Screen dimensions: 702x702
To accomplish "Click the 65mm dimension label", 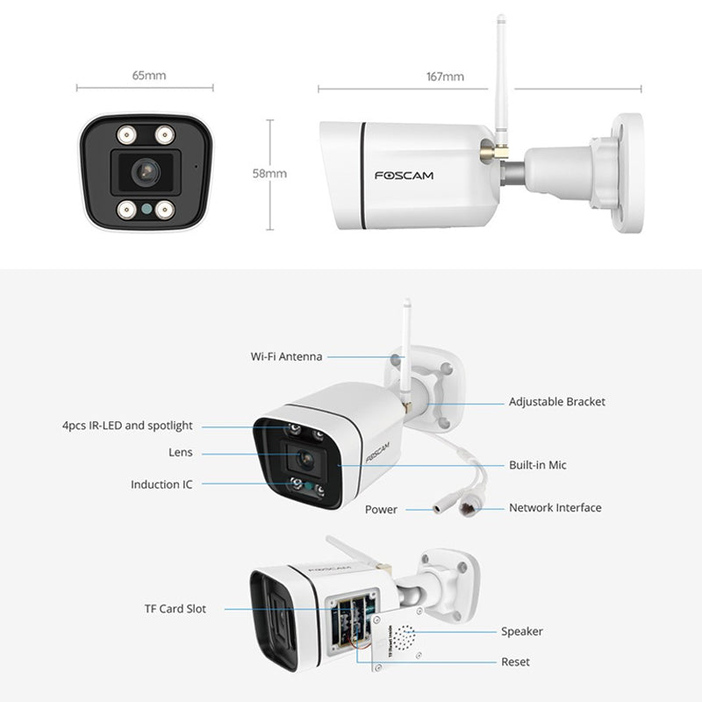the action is click(x=149, y=75).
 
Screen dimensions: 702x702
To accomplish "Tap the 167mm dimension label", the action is click(x=445, y=76).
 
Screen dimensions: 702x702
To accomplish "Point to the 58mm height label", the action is click(x=269, y=173).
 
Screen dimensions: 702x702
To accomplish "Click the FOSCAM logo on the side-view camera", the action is click(x=404, y=175).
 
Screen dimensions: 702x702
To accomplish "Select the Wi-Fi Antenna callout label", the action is click(x=287, y=356).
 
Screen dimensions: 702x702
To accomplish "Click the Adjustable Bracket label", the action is click(x=557, y=402).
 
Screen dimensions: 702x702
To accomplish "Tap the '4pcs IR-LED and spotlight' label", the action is click(x=127, y=426).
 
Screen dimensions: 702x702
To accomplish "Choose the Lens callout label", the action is click(x=181, y=452).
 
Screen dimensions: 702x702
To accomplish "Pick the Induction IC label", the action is click(x=161, y=484).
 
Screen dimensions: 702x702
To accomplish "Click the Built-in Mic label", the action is click(x=538, y=465).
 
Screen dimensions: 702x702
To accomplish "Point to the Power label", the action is click(x=381, y=510).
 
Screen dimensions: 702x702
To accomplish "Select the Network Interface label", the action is click(x=555, y=508).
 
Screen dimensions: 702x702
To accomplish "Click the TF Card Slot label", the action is click(x=175, y=609).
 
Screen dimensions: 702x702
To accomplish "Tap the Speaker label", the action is click(x=522, y=632).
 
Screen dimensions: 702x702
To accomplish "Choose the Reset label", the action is click(x=515, y=662).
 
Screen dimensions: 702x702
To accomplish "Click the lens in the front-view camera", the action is click(x=146, y=171).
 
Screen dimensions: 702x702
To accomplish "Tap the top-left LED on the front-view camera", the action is click(x=126, y=134).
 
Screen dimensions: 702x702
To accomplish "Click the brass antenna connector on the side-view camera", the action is click(x=494, y=150).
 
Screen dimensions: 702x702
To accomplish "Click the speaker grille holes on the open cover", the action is click(x=403, y=637).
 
